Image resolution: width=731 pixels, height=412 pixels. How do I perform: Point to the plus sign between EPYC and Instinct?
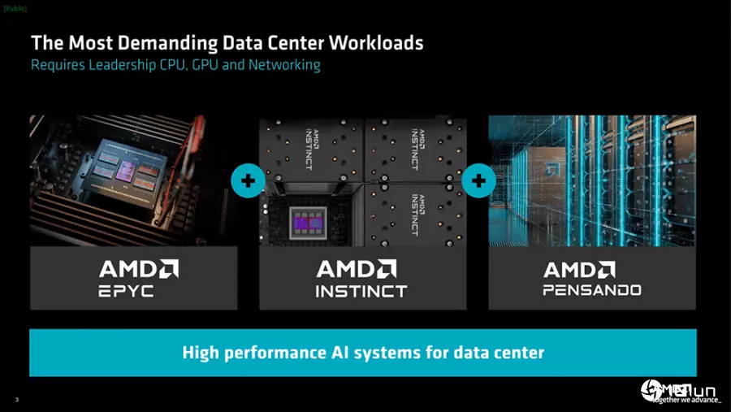247,180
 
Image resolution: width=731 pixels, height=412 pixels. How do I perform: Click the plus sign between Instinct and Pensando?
478,180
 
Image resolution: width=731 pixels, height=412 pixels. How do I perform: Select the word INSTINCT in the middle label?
361,290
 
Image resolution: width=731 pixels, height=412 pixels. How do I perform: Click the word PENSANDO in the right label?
592,289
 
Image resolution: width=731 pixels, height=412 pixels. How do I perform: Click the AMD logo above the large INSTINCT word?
357,269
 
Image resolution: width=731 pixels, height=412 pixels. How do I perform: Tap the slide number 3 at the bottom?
17,399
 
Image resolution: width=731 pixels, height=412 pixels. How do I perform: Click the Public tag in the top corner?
15,7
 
